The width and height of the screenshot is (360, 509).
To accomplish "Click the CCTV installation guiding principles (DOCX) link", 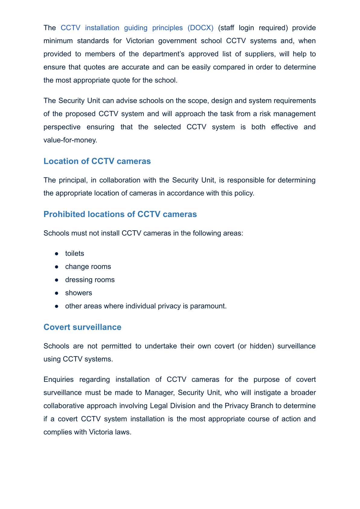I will point(137,28).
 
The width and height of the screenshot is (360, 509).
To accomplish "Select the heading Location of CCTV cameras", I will point(97,161).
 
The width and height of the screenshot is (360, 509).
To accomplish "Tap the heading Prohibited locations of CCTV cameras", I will point(120,214).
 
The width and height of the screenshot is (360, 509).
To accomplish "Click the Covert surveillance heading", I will point(82,327).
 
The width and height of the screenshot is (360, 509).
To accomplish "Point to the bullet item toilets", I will point(75,253).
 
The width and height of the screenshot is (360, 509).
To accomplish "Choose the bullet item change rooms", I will point(88,267).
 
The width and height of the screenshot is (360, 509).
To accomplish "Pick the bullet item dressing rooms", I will point(90,280).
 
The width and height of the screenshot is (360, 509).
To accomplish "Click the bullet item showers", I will point(79,293).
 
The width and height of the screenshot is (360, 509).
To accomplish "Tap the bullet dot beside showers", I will point(56,293).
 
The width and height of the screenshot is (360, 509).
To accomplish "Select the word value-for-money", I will point(70,140).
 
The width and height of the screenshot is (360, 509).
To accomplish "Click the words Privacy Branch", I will point(249,406).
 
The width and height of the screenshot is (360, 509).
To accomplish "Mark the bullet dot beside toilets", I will point(56,253).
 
